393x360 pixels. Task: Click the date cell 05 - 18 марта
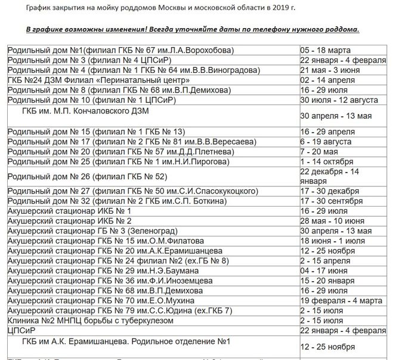(x=326, y=49)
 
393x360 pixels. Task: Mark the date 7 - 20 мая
(x=323, y=151)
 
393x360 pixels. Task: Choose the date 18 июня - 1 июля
(x=332, y=241)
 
